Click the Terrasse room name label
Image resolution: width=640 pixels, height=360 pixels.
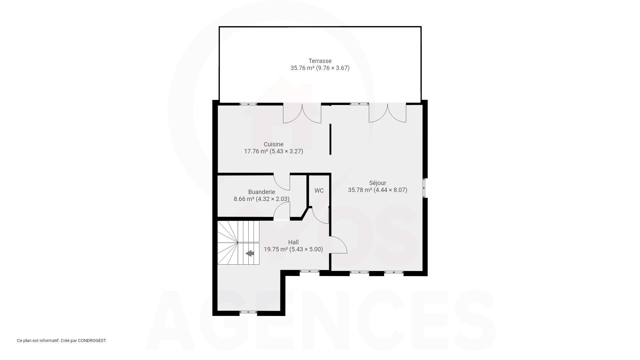click(320, 61)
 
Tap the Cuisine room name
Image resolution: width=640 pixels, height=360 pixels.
click(273, 144)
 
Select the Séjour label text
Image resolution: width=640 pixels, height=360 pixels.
click(378, 183)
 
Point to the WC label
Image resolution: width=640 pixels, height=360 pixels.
click(319, 191)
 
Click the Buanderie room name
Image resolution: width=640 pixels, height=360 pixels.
click(262, 192)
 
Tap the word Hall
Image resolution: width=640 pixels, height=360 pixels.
click(293, 242)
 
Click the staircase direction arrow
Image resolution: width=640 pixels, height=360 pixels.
click(250, 254)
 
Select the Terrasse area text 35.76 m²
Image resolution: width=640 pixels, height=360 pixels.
click(302, 68)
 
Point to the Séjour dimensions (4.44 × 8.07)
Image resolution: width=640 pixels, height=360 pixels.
click(390, 190)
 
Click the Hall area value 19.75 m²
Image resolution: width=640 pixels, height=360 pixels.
click(276, 249)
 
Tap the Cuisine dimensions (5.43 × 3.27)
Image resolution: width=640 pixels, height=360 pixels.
click(286, 151)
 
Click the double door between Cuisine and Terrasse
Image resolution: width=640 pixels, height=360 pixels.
click(302, 113)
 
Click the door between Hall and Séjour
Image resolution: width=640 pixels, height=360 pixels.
click(339, 245)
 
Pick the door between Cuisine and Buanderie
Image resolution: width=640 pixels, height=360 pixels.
click(282, 182)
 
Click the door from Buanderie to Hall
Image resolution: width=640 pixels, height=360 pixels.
click(282, 211)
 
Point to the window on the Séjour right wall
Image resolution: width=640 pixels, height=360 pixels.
click(425, 188)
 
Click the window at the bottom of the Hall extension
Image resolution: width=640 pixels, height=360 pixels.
click(248, 312)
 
